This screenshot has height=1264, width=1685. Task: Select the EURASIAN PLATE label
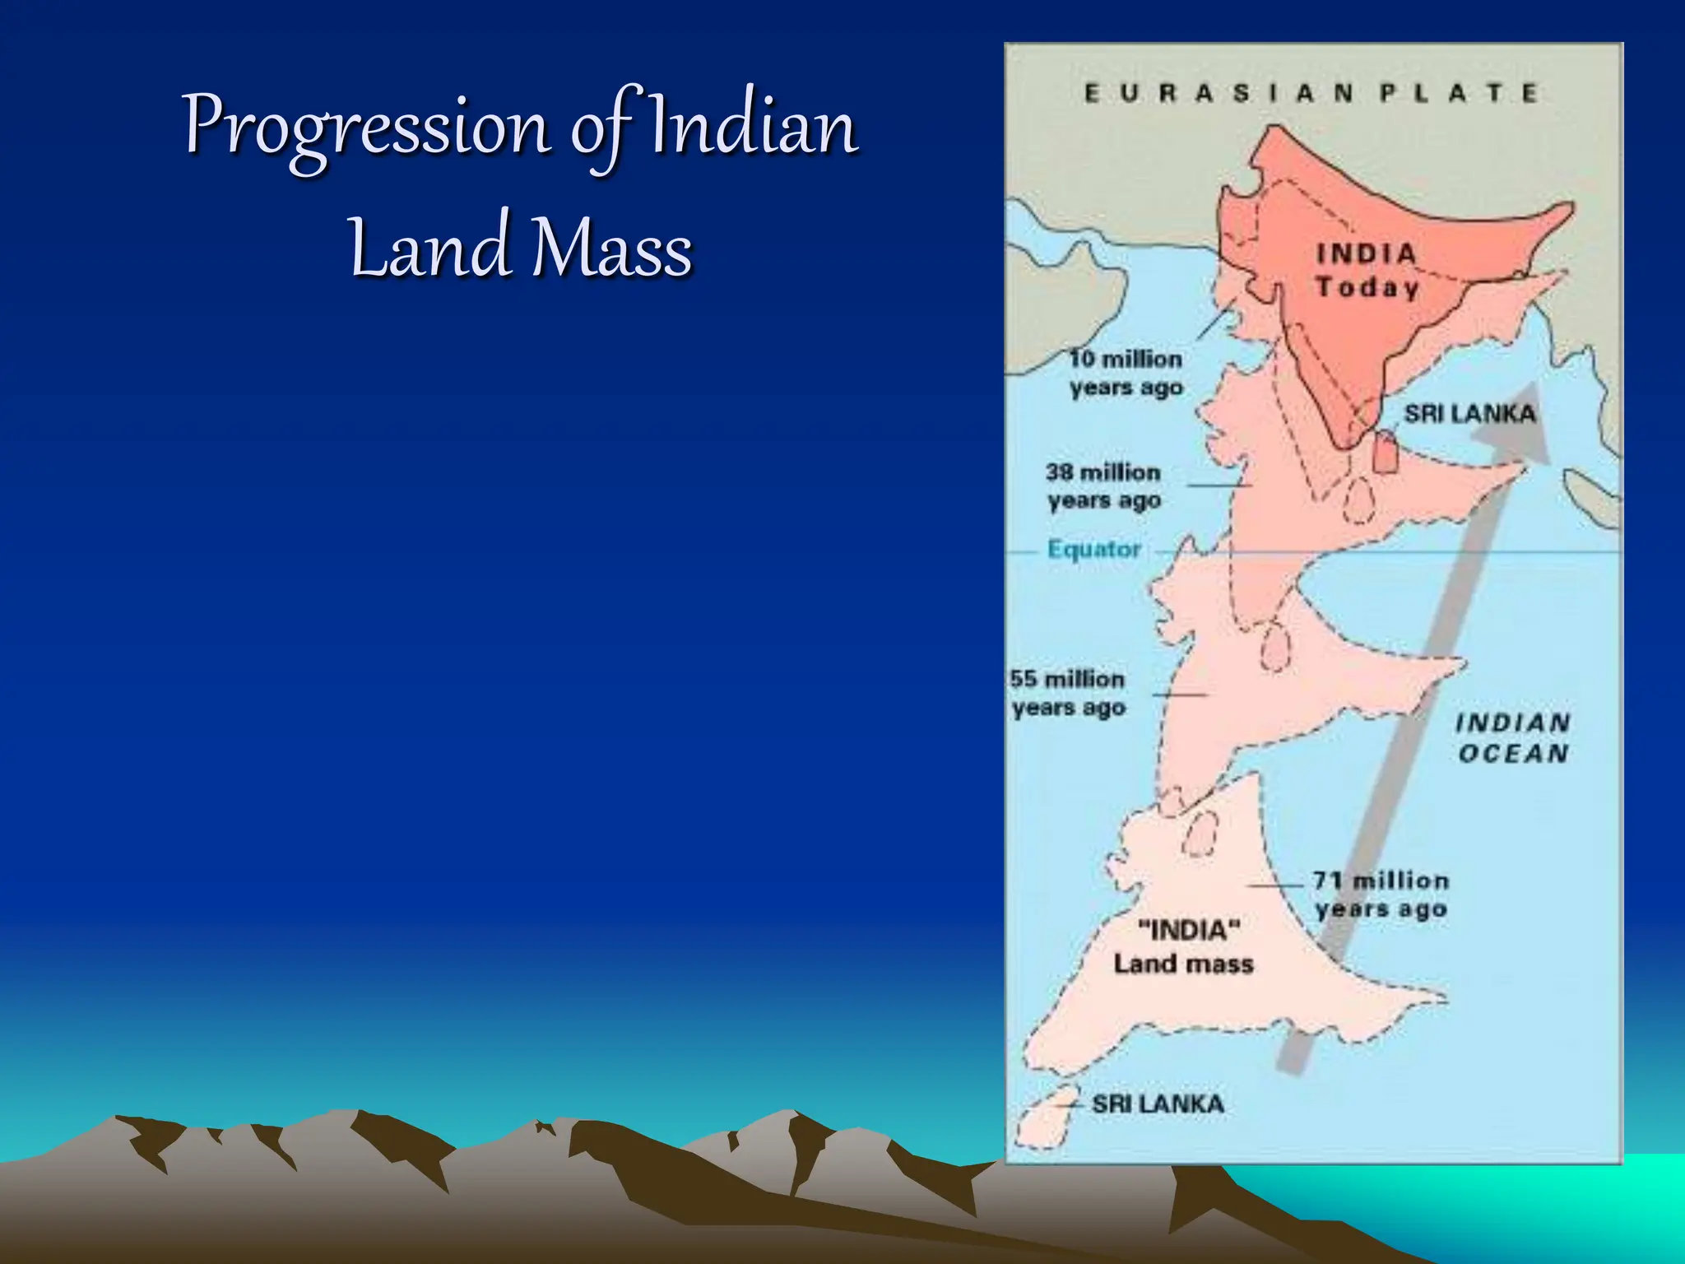click(1311, 93)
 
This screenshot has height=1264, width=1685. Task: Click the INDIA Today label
click(1367, 270)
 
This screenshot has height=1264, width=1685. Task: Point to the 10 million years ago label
click(1126, 373)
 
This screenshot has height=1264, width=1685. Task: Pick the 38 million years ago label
click(1103, 486)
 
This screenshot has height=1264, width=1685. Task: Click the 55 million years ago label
click(1068, 693)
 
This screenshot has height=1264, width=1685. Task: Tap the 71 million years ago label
click(1381, 895)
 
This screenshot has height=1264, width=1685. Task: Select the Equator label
click(1093, 549)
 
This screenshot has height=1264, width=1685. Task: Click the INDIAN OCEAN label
click(1513, 738)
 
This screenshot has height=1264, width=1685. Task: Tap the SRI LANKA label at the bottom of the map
click(1158, 1104)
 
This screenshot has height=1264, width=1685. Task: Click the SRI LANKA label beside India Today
click(1469, 413)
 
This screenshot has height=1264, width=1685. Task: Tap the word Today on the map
click(1367, 287)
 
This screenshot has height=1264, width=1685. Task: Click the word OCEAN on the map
click(1513, 754)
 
